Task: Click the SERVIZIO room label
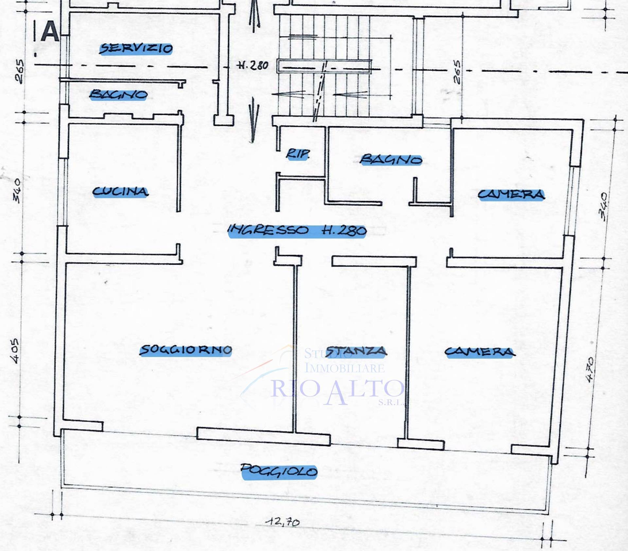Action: [x=136, y=49]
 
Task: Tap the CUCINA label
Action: [x=121, y=192]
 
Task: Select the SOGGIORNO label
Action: [x=186, y=350]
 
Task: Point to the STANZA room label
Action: [x=357, y=351]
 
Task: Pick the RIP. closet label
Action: [x=297, y=154]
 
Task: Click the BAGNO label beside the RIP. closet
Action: [x=391, y=160]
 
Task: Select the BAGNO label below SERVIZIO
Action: [x=118, y=95]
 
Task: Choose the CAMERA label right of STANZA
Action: [x=480, y=352]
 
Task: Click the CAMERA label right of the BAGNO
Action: [x=511, y=195]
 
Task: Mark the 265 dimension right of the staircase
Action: [x=457, y=72]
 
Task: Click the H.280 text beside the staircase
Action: [x=253, y=66]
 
